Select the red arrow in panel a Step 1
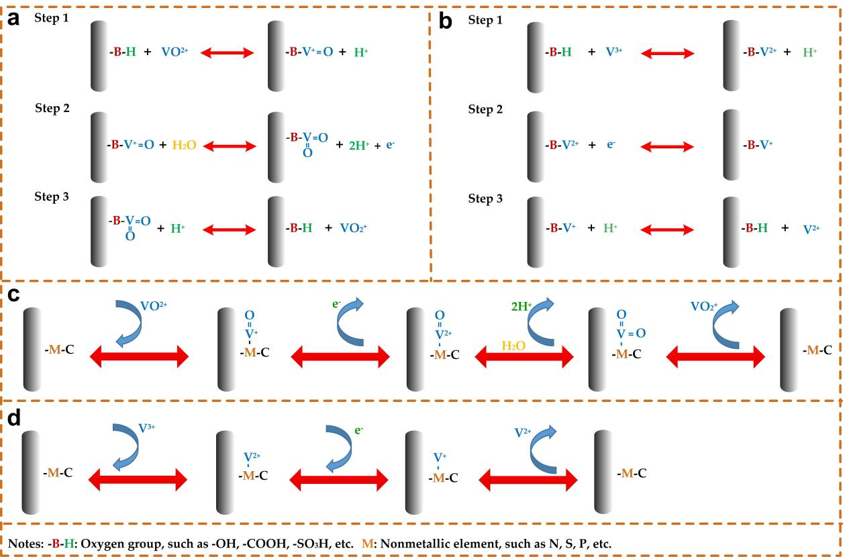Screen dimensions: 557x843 [228, 52]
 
